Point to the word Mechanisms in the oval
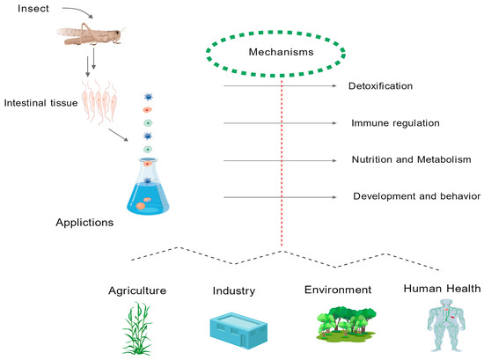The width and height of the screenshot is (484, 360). (282, 52)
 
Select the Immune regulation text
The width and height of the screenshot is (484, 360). (395, 123)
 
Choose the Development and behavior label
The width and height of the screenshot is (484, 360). (415, 195)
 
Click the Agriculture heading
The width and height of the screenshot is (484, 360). (137, 290)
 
